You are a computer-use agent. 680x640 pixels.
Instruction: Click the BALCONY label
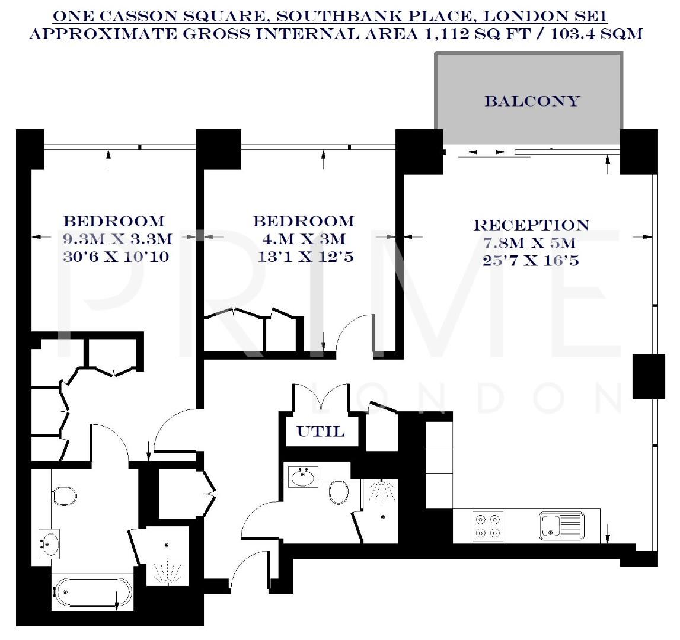point(532,101)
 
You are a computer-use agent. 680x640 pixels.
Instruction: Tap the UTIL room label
point(321,431)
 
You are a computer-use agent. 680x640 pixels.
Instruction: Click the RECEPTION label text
point(531,225)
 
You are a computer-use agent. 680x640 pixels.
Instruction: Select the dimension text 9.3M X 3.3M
point(117,239)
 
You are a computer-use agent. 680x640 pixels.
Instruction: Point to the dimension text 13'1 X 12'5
point(306,257)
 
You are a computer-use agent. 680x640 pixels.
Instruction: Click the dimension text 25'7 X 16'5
point(531,260)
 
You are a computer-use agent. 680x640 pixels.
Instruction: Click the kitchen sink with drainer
point(561,526)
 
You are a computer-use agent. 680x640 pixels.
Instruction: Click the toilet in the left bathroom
point(62,496)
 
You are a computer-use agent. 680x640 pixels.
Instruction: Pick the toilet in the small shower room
point(339,491)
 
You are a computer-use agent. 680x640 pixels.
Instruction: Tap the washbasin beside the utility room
point(304,476)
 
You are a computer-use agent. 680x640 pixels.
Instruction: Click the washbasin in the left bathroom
point(49,543)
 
